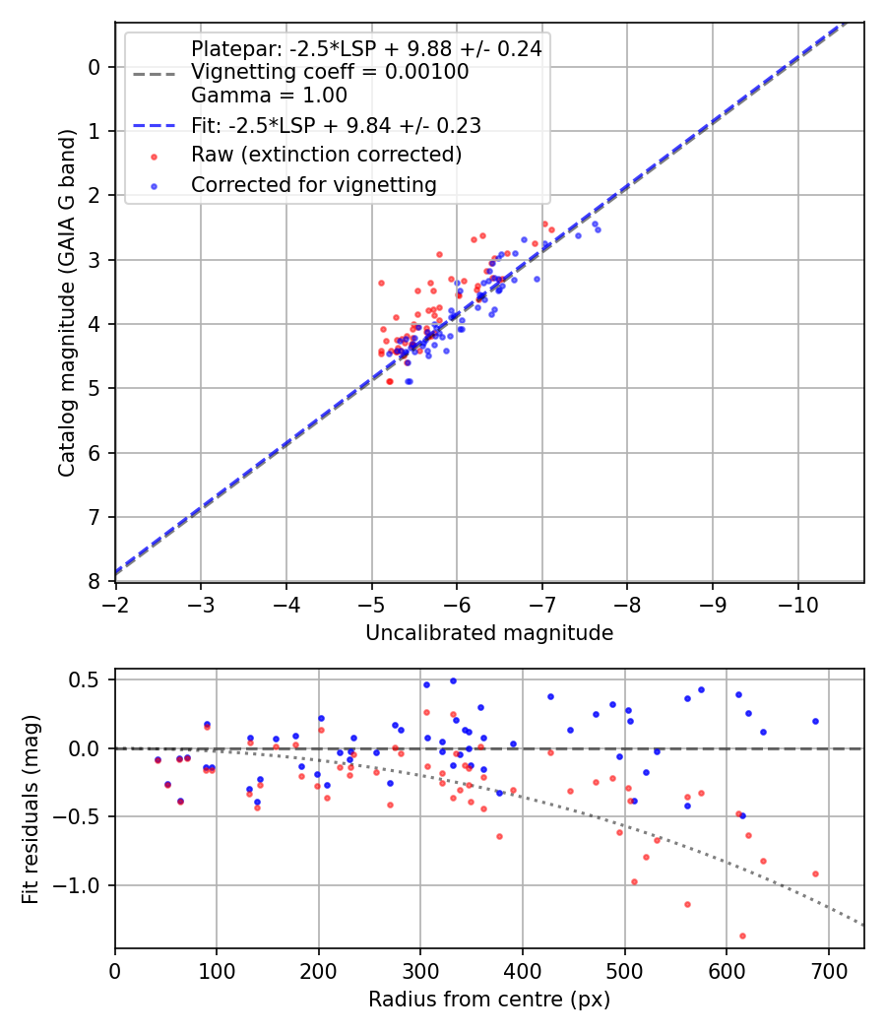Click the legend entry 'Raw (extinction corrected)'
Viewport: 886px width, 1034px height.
[326, 156]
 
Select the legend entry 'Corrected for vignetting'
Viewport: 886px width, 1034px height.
[314, 184]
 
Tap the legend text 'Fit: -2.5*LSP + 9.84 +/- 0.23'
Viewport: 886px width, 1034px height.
[336, 126]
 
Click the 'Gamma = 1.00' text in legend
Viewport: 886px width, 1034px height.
[269, 96]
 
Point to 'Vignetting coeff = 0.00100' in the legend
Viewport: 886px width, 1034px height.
[330, 72]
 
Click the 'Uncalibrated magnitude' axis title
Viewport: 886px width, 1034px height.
[489, 633]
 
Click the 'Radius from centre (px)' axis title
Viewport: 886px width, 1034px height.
[489, 1000]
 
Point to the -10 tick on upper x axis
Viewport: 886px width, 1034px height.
[797, 602]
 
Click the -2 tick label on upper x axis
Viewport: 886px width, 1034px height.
[116, 602]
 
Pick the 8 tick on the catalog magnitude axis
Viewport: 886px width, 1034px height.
[95, 581]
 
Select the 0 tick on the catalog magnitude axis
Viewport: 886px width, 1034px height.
[95, 67]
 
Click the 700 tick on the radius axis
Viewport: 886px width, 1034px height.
[828, 969]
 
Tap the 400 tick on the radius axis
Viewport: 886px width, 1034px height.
[523, 969]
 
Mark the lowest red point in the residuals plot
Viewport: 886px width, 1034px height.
[742, 936]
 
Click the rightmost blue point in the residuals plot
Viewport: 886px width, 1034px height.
[815, 721]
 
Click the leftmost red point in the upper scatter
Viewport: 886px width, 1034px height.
[381, 283]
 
